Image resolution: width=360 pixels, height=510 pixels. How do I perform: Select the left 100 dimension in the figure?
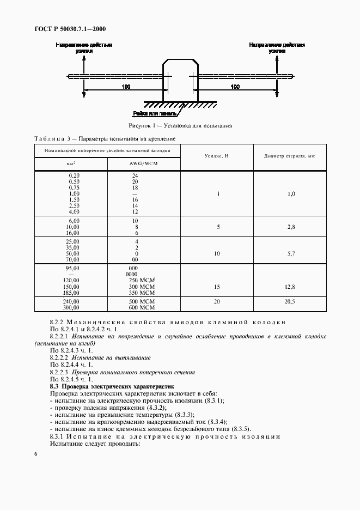point(126,87)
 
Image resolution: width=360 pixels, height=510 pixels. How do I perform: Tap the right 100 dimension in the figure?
point(235,87)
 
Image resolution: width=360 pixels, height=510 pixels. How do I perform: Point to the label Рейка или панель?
point(154,114)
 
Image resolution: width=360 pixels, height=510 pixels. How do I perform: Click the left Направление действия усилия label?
point(84,48)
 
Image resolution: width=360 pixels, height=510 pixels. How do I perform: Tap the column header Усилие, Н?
point(216,156)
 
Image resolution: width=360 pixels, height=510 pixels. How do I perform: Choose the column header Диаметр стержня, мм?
point(290,156)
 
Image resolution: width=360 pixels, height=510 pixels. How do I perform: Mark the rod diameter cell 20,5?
point(290,301)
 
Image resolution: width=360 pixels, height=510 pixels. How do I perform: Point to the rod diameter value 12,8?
point(290,286)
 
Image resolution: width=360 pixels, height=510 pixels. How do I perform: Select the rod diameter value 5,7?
point(290,253)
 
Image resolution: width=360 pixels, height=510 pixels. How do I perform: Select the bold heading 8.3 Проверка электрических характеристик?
point(112,386)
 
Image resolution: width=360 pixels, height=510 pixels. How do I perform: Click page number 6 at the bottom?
point(35,454)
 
